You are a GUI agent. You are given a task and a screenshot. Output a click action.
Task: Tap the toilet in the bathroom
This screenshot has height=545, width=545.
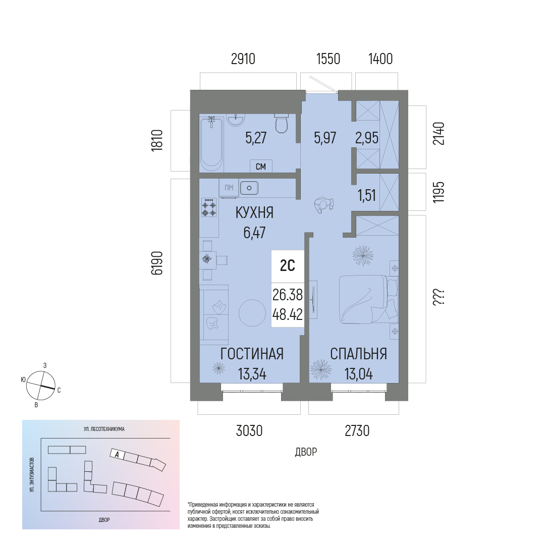281,123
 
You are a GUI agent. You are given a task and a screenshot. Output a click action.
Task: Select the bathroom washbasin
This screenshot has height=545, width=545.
236,119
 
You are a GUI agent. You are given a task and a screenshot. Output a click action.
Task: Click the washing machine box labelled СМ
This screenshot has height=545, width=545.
261,167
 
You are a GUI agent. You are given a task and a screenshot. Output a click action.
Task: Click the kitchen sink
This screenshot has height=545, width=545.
249,188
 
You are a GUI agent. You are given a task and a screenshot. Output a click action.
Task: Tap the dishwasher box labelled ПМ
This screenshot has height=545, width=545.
229,188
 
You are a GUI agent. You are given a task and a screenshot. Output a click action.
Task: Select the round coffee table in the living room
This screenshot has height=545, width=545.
252,313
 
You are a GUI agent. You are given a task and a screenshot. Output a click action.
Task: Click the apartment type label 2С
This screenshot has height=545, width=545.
288,266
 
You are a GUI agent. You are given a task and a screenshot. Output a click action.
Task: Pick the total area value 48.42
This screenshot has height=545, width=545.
288,315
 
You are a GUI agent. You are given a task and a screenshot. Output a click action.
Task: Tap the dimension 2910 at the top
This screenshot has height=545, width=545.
243,59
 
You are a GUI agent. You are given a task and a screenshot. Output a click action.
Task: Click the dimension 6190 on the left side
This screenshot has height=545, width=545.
157,263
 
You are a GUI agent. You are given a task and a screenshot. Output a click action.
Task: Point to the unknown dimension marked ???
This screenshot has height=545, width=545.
439,298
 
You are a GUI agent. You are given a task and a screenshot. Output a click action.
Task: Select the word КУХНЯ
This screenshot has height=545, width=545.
254,213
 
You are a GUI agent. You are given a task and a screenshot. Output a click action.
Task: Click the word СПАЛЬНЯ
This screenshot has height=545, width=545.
358,354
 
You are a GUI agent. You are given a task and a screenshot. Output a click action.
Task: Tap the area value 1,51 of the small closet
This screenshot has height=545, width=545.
367,195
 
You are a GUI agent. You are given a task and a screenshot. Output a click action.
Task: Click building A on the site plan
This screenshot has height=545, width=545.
117,454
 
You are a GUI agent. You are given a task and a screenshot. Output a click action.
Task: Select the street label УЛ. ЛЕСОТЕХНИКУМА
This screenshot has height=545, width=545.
104,429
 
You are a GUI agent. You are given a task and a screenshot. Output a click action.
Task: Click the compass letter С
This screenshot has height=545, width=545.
59,390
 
